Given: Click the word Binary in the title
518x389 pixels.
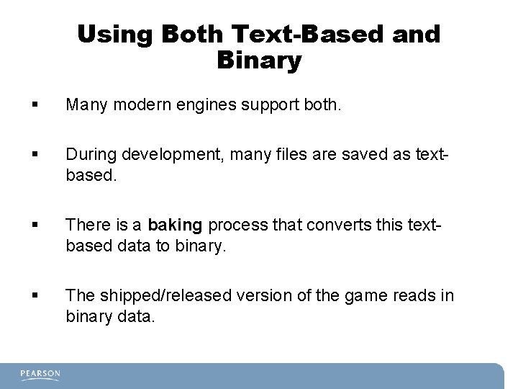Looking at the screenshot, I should tap(258, 61).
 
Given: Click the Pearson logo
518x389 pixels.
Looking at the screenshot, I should tap(40, 374).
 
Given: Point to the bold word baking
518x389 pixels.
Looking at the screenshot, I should tap(176, 225).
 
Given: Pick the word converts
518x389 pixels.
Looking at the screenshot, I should tap(341, 225).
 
